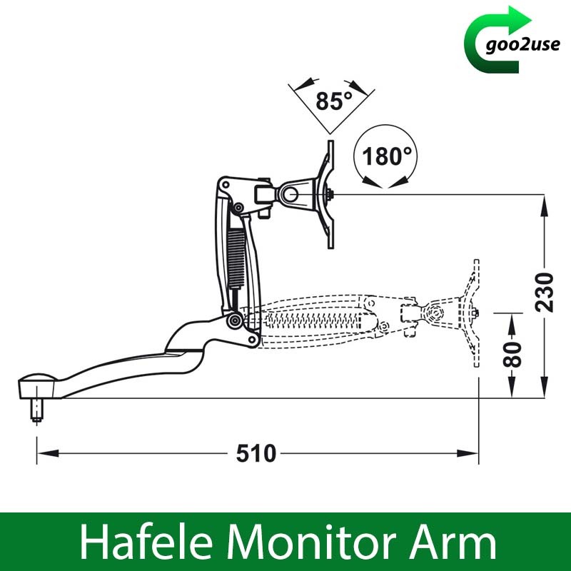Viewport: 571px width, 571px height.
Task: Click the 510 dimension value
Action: (x=256, y=454)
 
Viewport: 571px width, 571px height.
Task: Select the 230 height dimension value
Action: (x=545, y=293)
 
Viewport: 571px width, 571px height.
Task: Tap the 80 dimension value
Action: (x=512, y=354)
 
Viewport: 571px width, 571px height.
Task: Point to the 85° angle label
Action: (x=334, y=101)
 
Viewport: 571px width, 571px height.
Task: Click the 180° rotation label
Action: (x=386, y=156)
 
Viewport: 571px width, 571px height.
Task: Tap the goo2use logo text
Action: (x=522, y=45)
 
